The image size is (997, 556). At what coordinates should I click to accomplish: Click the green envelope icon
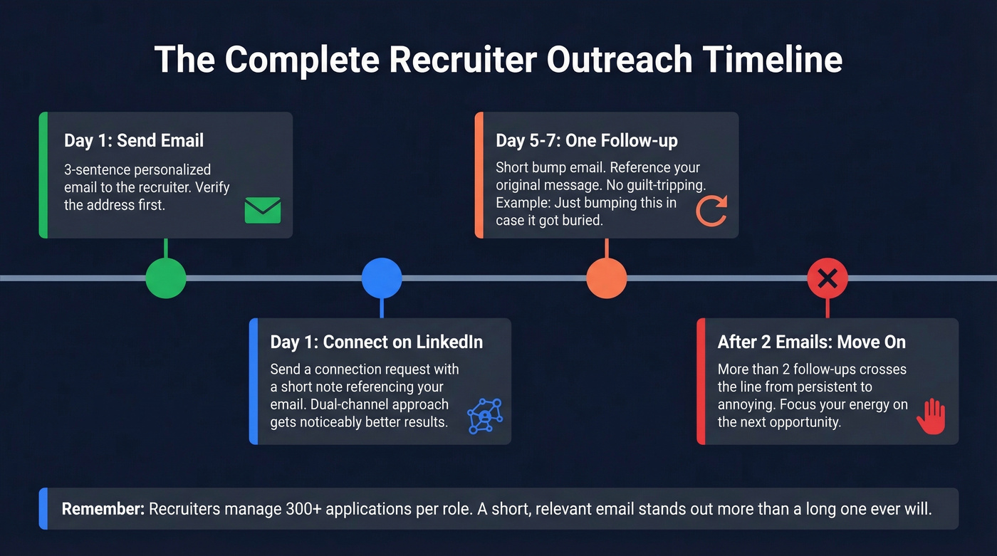[x=262, y=211]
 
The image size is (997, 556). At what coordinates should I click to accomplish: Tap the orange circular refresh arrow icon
[x=711, y=211]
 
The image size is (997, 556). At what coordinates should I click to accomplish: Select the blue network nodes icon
[x=485, y=416]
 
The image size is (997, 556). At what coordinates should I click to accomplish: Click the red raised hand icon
[x=930, y=416]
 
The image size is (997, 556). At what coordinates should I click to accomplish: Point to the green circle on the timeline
[x=166, y=278]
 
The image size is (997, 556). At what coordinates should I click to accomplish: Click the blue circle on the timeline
[x=382, y=278]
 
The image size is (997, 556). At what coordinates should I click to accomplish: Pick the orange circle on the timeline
[x=606, y=278]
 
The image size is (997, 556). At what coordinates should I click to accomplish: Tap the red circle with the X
[x=828, y=278]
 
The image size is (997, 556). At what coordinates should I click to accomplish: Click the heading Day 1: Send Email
[x=134, y=140]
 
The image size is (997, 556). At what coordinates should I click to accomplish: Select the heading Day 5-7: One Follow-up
[x=586, y=140]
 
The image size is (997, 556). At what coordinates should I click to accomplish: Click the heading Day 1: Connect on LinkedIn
[x=376, y=342]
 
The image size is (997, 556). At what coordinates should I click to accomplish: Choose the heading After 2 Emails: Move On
[x=811, y=342]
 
